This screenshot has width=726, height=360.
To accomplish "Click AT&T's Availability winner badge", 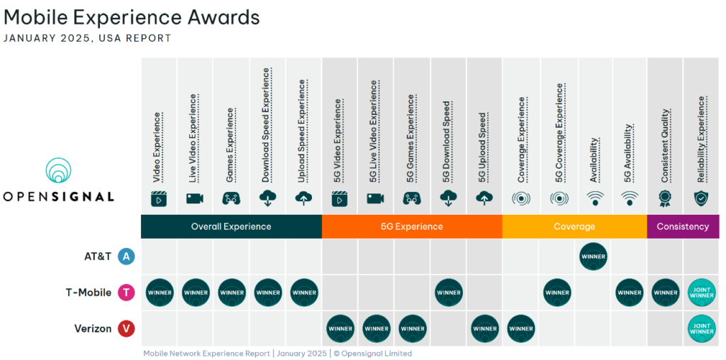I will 593,257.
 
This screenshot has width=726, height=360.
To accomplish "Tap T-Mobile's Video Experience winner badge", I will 160,292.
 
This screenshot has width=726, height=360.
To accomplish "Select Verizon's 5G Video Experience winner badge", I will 340,328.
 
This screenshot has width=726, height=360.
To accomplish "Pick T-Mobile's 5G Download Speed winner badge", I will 449,292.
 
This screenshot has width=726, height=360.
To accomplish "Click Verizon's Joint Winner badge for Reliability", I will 701,328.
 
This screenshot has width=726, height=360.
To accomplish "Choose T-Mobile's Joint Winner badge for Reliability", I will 701,292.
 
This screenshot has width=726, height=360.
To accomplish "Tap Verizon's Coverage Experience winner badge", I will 521,328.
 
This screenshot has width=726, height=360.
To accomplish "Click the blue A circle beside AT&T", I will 126,257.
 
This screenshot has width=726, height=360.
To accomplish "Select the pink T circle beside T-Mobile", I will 126,292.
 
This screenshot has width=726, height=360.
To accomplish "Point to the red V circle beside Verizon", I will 126,328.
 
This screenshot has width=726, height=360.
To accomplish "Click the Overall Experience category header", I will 231,227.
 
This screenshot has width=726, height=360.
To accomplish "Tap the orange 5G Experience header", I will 412,227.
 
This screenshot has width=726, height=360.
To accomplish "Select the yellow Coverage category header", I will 575,227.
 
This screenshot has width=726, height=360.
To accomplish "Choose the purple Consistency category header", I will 683,227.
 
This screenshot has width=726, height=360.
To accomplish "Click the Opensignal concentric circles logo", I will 58,171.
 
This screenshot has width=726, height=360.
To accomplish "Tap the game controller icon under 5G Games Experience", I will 412,198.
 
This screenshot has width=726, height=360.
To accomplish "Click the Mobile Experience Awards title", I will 132,17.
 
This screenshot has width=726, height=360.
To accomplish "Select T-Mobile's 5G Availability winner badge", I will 629,292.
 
